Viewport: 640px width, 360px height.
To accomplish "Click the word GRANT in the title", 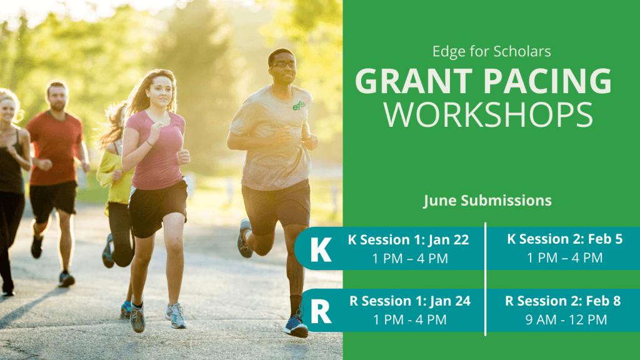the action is coord(414,81).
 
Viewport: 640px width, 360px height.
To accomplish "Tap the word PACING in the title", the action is coord(547,81).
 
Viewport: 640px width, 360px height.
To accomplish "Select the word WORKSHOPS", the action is coord(488,115).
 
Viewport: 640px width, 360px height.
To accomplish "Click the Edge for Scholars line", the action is coord(491,51).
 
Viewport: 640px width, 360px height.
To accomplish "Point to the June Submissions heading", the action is coord(487,201).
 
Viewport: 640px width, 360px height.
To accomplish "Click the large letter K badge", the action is coord(321,249).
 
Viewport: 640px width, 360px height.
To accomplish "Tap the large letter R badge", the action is coord(321,311).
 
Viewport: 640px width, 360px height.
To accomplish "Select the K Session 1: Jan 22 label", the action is coord(408,239).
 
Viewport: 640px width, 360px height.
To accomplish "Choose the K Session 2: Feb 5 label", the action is coord(564,239).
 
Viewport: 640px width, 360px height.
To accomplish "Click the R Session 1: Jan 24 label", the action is coord(410,301).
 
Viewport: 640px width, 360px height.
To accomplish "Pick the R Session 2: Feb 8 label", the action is coord(563,301).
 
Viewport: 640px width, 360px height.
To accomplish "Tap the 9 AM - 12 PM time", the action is coord(566,319).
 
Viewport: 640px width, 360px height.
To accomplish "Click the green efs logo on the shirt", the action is coord(299,106).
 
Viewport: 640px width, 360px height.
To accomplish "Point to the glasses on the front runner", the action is coord(282,64).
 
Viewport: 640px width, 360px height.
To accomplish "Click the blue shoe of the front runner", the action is coord(296,326).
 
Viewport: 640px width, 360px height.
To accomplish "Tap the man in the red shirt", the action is coord(56,179).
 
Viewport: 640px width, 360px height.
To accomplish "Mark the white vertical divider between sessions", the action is coord(485,279).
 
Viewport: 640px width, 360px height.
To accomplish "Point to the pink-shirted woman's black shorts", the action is coord(157,209).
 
